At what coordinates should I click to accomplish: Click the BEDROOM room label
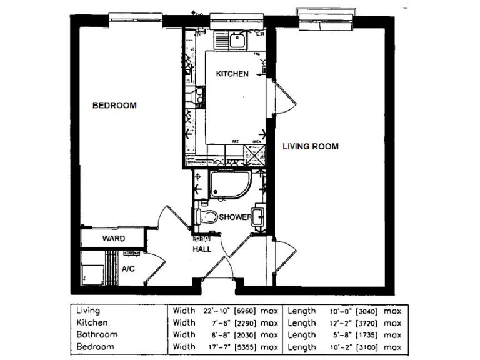(114, 106)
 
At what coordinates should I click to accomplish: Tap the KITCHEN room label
(232, 74)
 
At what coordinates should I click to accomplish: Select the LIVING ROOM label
(311, 147)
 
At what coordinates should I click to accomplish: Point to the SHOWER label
(235, 217)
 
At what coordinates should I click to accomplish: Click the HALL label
(201, 249)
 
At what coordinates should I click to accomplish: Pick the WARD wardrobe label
(114, 239)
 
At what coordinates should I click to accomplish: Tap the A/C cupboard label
(129, 269)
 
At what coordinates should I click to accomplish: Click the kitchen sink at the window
(236, 41)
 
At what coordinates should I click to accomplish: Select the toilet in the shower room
(206, 217)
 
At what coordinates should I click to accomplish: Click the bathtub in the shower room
(230, 183)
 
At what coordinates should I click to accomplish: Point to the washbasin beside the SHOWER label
(259, 216)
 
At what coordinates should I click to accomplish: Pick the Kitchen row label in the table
(92, 323)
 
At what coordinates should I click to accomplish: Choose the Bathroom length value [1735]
(364, 335)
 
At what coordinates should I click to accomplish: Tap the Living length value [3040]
(364, 311)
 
